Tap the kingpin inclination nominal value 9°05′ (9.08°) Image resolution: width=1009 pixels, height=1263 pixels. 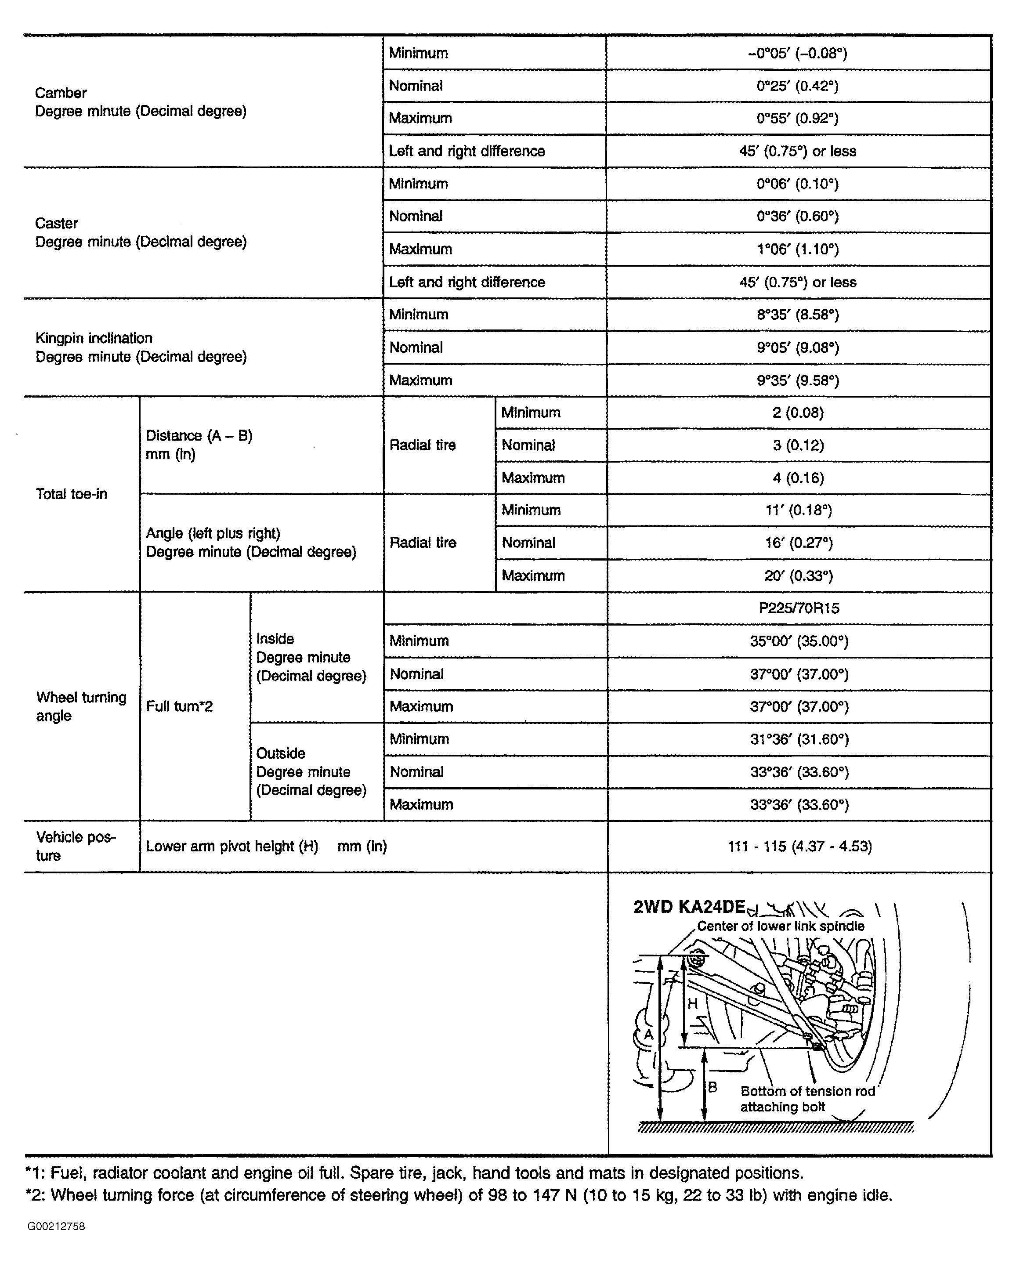click(x=798, y=348)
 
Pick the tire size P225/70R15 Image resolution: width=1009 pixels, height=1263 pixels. click(x=799, y=608)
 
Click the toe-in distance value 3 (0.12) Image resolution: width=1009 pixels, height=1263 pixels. click(x=798, y=445)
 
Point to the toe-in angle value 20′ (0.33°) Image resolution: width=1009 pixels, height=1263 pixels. click(x=798, y=576)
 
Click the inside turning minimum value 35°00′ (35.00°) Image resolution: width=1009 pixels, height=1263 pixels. click(x=799, y=641)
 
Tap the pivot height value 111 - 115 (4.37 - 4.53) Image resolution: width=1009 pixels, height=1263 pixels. click(x=799, y=847)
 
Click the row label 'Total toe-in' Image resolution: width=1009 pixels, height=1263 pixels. click(x=72, y=494)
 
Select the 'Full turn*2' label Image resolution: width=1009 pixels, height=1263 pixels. click(x=179, y=706)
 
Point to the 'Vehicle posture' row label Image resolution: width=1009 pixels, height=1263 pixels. click(x=76, y=846)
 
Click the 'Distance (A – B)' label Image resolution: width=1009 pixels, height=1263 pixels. click(x=199, y=436)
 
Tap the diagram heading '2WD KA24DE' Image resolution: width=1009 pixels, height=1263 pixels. click(x=689, y=908)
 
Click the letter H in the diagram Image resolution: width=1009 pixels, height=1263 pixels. click(x=692, y=1003)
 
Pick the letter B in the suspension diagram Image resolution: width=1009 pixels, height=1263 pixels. click(x=712, y=1087)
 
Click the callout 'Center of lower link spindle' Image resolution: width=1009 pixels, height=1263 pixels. click(x=780, y=926)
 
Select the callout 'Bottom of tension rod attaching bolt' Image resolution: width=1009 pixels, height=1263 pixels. click(x=807, y=1098)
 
